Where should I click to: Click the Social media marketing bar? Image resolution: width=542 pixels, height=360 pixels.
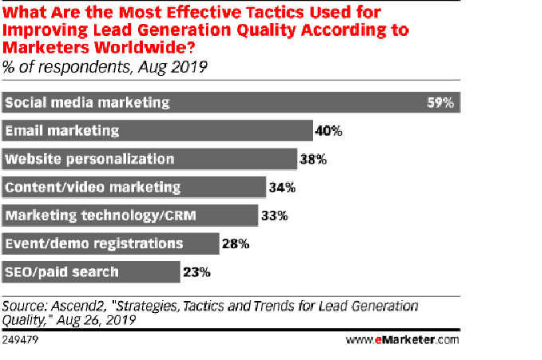[x=231, y=103]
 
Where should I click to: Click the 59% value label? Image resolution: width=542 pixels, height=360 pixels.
[x=440, y=103]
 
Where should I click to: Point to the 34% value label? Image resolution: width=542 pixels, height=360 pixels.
[x=283, y=188]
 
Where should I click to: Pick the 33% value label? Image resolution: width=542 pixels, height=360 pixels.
[x=275, y=216]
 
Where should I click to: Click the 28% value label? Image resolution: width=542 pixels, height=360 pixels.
[x=235, y=243]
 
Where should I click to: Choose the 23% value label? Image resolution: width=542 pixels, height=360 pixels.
[x=196, y=272]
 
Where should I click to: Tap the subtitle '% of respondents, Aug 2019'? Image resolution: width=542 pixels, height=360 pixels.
[x=105, y=66]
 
